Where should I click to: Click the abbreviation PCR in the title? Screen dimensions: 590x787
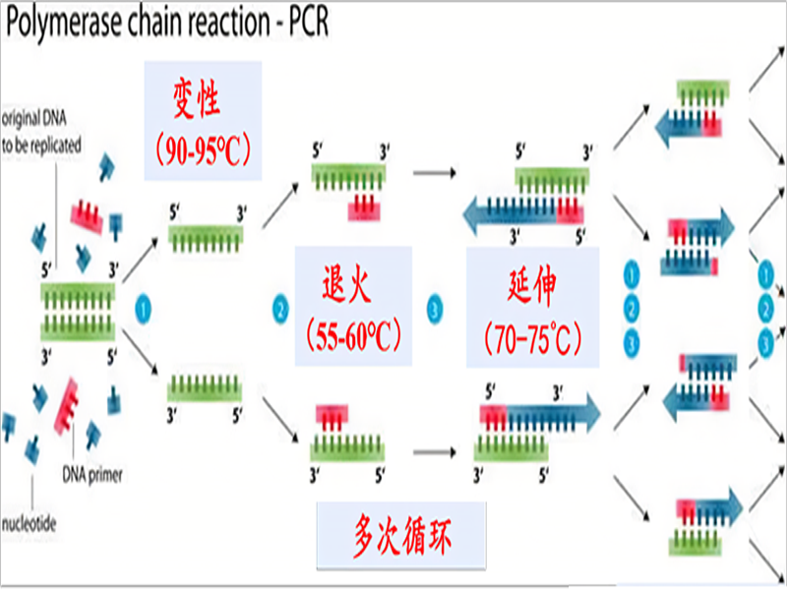[x=302, y=22]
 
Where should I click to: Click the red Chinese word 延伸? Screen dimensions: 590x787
[x=533, y=286]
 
